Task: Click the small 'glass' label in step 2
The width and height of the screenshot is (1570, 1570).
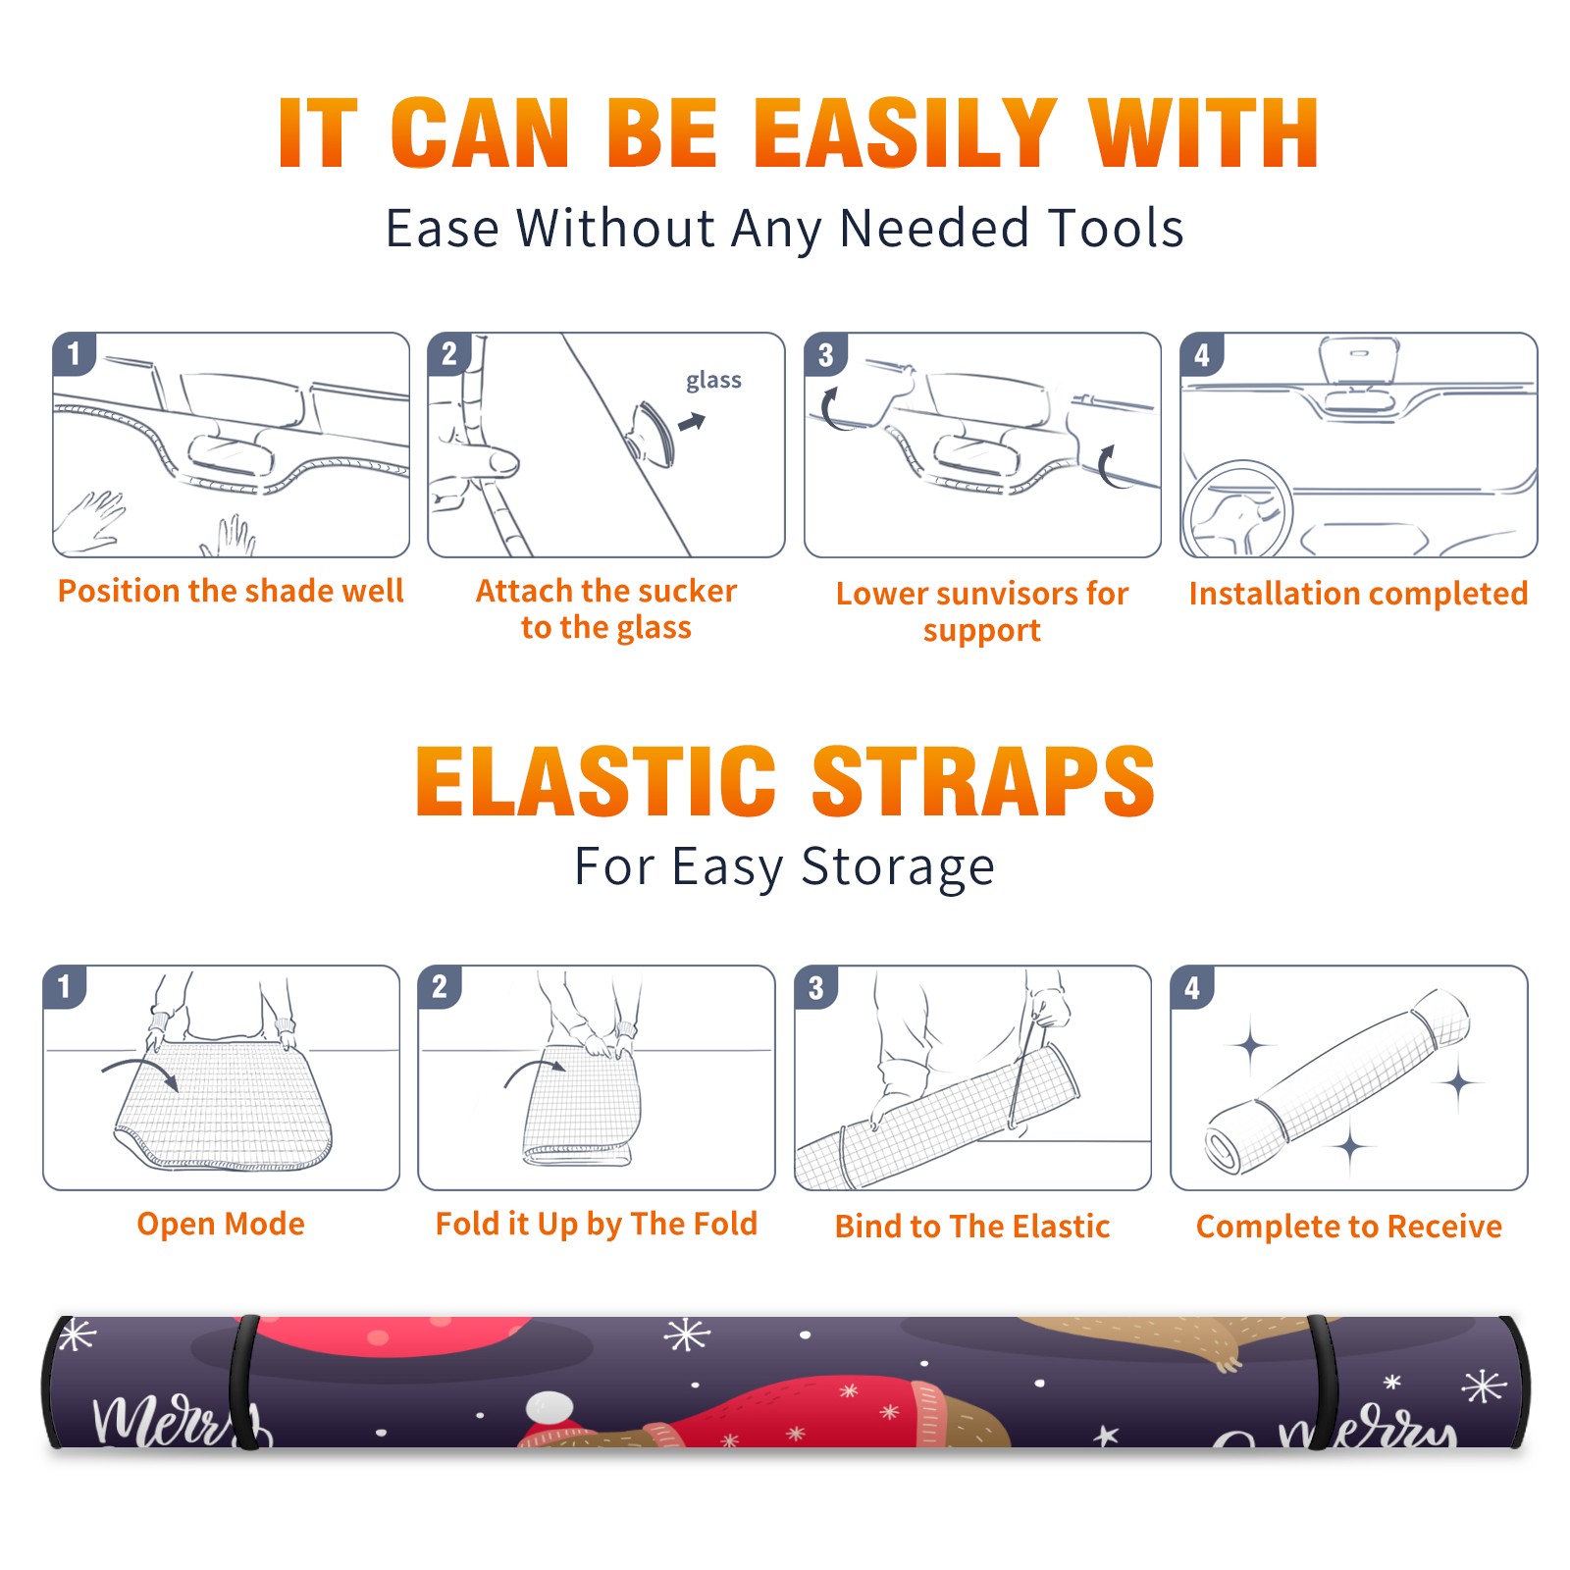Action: [x=713, y=381]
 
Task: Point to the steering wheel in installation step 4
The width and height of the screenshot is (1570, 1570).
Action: [x=1237, y=510]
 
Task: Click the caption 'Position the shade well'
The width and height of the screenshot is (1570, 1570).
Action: [x=231, y=591]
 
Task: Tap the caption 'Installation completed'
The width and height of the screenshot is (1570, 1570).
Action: [x=1358, y=594]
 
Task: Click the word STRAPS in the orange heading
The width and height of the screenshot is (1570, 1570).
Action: [x=983, y=781]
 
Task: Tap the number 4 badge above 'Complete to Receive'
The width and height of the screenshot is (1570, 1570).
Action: [x=1192, y=987]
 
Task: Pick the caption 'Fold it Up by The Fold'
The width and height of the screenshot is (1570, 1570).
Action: [x=597, y=1224]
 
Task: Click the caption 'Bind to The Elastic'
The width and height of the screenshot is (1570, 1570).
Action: [x=972, y=1227]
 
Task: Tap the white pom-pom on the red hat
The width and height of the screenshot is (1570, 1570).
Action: [x=550, y=1409]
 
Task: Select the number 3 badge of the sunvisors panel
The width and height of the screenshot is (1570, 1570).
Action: [x=825, y=354]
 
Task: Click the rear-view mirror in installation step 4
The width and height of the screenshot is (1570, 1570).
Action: [x=1359, y=361]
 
